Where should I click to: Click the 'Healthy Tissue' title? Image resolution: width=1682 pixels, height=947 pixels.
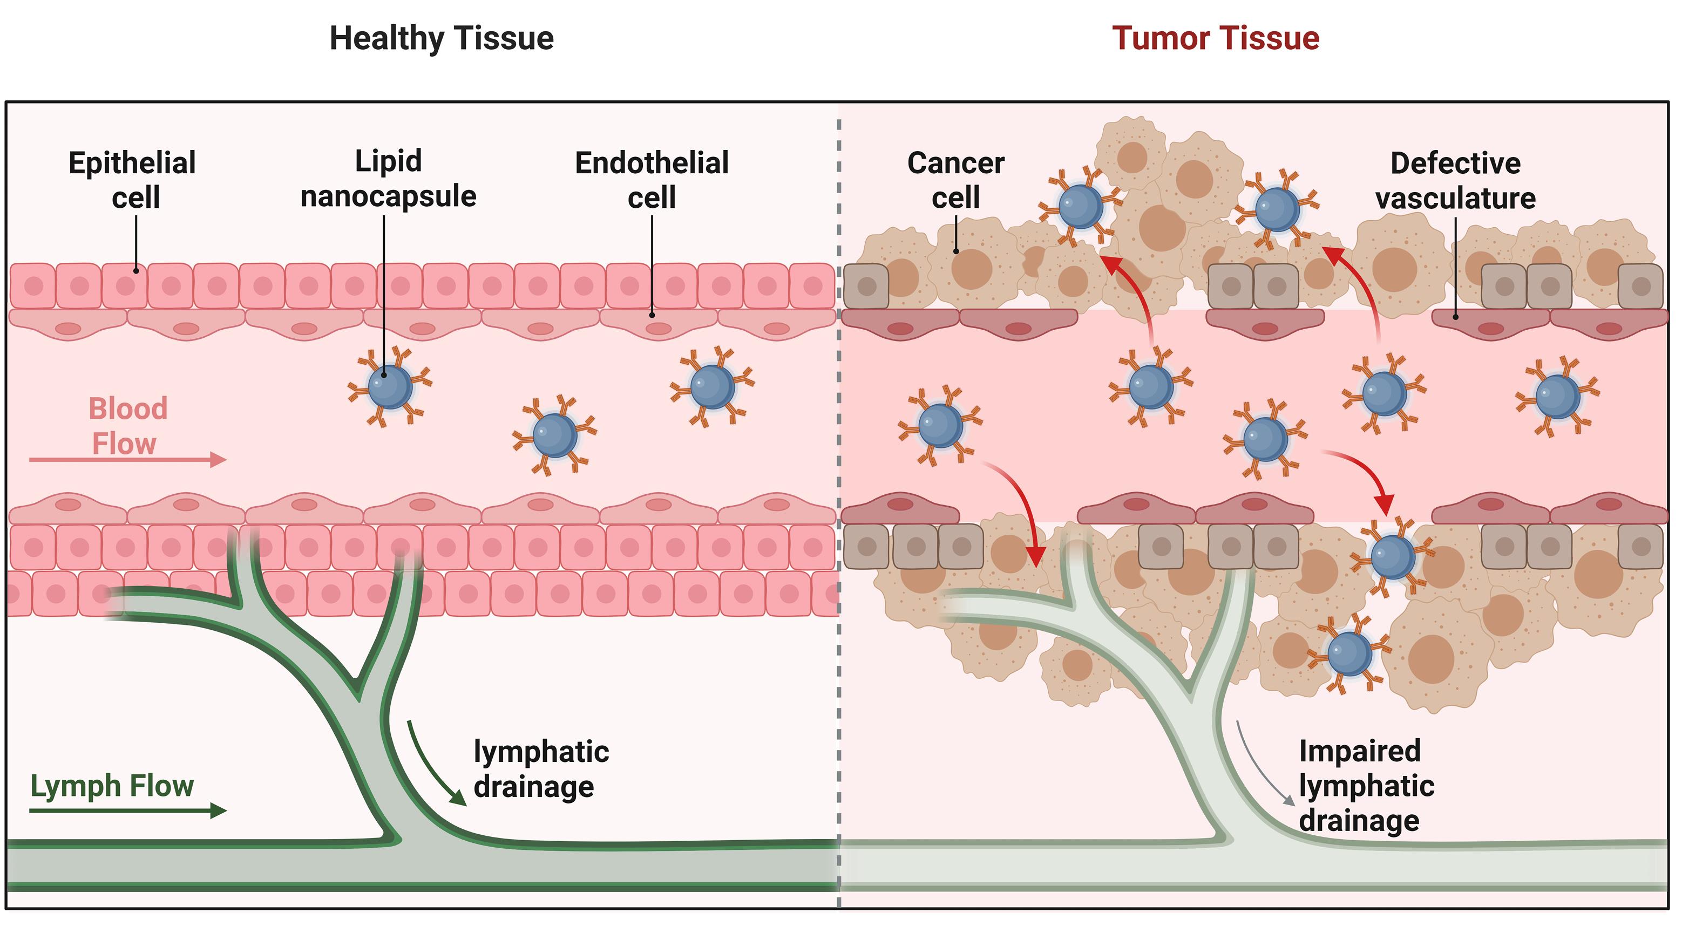442,38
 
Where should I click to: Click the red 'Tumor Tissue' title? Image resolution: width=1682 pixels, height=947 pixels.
1215,38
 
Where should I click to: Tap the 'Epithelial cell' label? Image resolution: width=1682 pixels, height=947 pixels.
133,180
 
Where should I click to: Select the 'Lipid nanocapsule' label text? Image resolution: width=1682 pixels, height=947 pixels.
388,178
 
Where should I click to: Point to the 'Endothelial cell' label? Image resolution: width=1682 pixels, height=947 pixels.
652,180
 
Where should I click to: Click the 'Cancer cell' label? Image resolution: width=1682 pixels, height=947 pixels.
955,180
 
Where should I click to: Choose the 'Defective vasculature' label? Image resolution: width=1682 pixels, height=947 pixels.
1455,180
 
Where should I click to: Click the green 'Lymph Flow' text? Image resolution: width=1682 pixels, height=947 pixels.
112,786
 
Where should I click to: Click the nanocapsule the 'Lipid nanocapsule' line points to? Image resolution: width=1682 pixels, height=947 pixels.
390,386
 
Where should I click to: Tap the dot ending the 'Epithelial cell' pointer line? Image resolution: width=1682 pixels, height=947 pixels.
136,270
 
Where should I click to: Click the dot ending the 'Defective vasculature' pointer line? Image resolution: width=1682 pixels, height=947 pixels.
1455,317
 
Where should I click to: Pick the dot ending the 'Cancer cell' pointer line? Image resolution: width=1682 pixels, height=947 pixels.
956,251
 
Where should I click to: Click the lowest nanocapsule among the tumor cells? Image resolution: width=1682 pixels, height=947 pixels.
1349,653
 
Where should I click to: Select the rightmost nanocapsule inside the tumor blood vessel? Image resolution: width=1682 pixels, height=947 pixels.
1557,396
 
